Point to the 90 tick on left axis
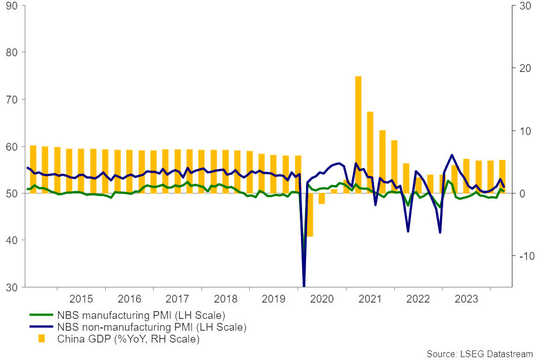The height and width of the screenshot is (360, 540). pos(13,6)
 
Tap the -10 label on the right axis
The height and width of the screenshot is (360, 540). pos(520,256)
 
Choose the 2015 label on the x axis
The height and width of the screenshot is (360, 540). pos(81,298)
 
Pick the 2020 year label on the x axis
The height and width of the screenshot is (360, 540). pos(322,298)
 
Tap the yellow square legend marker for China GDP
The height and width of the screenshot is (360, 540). pos(41,339)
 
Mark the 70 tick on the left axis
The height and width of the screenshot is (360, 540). pos(13,100)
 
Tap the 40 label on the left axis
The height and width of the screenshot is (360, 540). pos(13,240)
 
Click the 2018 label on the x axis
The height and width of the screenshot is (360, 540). pos(226,298)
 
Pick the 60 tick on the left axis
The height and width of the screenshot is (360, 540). pos(13,146)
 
